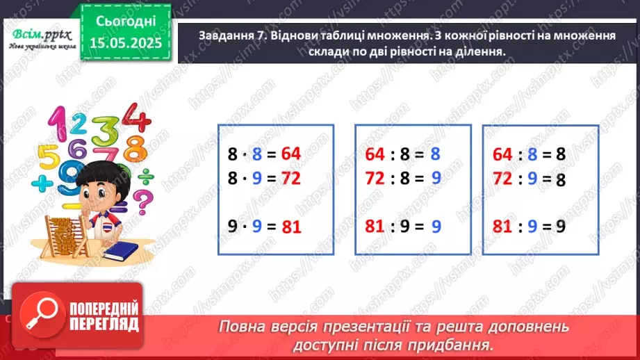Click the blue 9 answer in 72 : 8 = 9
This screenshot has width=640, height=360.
pos(436,179)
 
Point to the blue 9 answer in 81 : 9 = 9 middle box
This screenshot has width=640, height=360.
pos(436,227)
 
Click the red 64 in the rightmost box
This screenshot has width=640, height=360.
pos(502,154)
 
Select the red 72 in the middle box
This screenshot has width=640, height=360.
pos(375,179)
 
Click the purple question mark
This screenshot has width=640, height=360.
pos(142,205)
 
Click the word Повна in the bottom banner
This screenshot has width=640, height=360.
pos(244,326)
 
